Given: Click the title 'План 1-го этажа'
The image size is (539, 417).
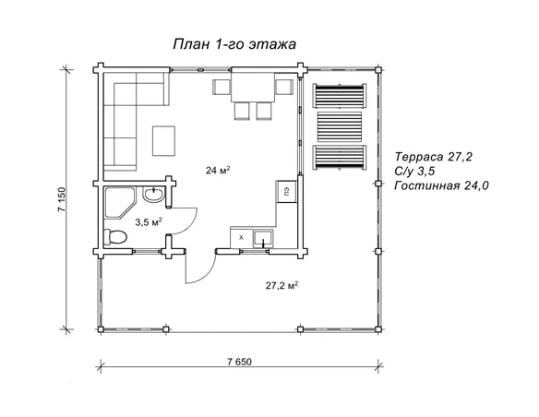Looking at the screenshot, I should pyautogui.click(x=234, y=43).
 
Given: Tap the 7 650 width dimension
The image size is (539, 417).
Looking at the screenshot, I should pyautogui.click(x=238, y=359).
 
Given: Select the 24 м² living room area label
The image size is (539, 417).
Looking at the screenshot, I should pyautogui.click(x=218, y=169).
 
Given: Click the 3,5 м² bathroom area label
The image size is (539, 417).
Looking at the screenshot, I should pyautogui.click(x=148, y=221).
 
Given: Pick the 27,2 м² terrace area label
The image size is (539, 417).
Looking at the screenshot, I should pyautogui.click(x=281, y=285).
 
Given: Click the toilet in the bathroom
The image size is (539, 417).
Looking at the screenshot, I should pyautogui.click(x=116, y=238).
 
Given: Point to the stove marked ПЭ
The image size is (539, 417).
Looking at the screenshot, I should pyautogui.click(x=286, y=192).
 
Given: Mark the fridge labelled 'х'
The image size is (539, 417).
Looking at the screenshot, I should pyautogui.click(x=241, y=238).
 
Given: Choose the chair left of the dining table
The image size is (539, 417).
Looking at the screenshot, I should pyautogui.click(x=222, y=88).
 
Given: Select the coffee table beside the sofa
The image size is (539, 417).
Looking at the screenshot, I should pyautogui.click(x=165, y=140).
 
